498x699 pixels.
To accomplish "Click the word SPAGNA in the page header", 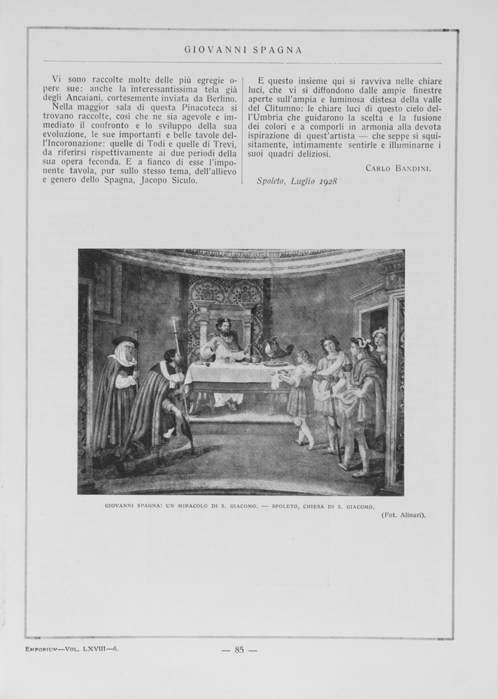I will pyautogui.click(x=276, y=50).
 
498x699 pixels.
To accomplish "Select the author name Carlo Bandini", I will pyautogui.click(x=398, y=168).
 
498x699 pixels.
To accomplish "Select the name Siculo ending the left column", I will pyautogui.click(x=180, y=180).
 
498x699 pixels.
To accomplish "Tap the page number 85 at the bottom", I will pyautogui.click(x=239, y=649).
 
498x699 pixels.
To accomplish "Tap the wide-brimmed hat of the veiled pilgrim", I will pyautogui.click(x=124, y=341).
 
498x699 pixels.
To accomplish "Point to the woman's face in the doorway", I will pyautogui.click(x=380, y=339).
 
